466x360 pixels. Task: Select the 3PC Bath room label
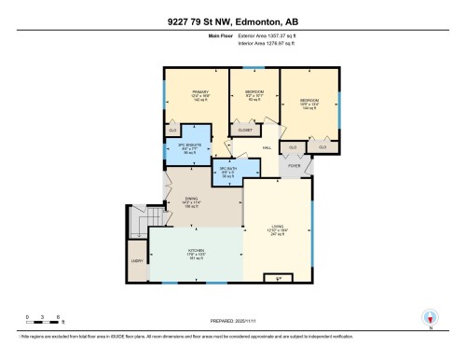[x=228, y=173]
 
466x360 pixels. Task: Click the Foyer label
[x=294, y=166]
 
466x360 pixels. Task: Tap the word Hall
[x=266, y=148]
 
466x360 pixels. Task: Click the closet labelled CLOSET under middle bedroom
[x=245, y=131]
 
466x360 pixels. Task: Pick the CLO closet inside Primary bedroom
[x=173, y=131]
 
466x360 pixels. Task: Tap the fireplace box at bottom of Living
[x=274, y=277]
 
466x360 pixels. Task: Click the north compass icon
[x=429, y=316]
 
